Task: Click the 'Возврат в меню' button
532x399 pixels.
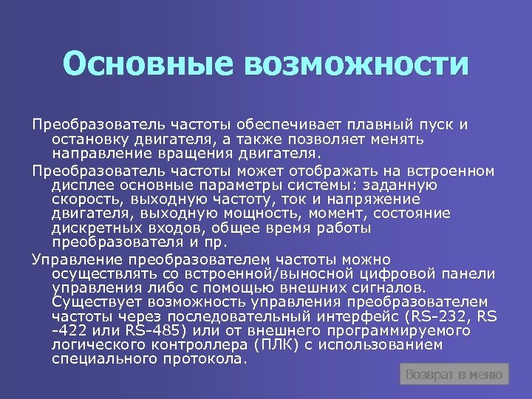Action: click(454, 375)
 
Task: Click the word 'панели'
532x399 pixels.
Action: click(468, 273)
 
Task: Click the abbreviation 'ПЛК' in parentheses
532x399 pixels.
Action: click(275, 345)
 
